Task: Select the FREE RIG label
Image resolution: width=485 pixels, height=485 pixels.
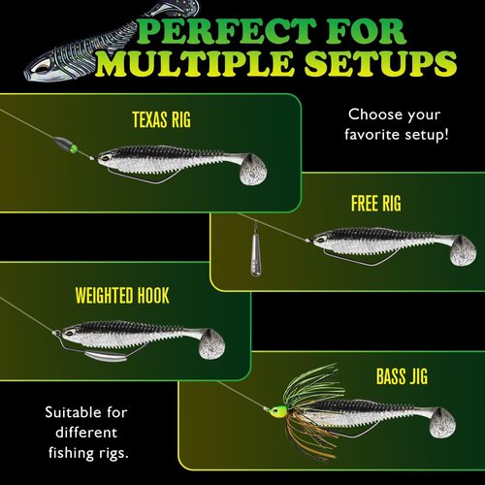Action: click(375, 205)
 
